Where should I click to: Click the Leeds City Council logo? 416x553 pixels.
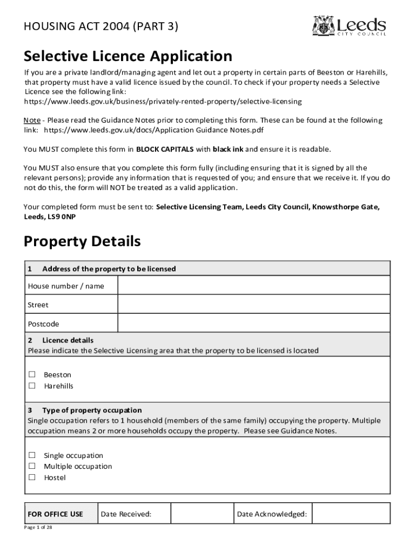pyautogui.click(x=349, y=26)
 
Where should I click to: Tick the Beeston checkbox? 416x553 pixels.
pyautogui.click(x=32, y=374)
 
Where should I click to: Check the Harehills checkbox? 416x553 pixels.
pyautogui.click(x=32, y=386)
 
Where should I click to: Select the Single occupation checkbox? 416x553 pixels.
pyautogui.click(x=32, y=455)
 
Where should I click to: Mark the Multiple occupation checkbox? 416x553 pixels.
pyautogui.click(x=32, y=466)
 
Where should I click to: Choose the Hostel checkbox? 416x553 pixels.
pyautogui.click(x=32, y=477)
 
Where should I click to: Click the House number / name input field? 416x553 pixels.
pyautogui.click(x=253, y=286)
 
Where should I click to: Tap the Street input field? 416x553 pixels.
pyautogui.click(x=253, y=305)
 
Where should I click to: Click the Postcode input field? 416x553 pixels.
pyautogui.click(x=253, y=323)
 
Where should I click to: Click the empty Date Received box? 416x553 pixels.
pyautogui.click(x=202, y=514)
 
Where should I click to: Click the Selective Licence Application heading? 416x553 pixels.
pyautogui.click(x=128, y=56)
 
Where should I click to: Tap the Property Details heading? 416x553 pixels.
pyautogui.click(x=82, y=241)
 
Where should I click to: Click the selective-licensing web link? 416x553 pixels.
pyautogui.click(x=163, y=102)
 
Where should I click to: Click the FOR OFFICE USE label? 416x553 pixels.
pyautogui.click(x=55, y=514)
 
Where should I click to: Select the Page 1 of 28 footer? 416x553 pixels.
pyautogui.click(x=38, y=528)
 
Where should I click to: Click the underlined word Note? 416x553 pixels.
pyautogui.click(x=32, y=120)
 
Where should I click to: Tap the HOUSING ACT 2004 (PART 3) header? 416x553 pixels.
pyautogui.click(x=100, y=26)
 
